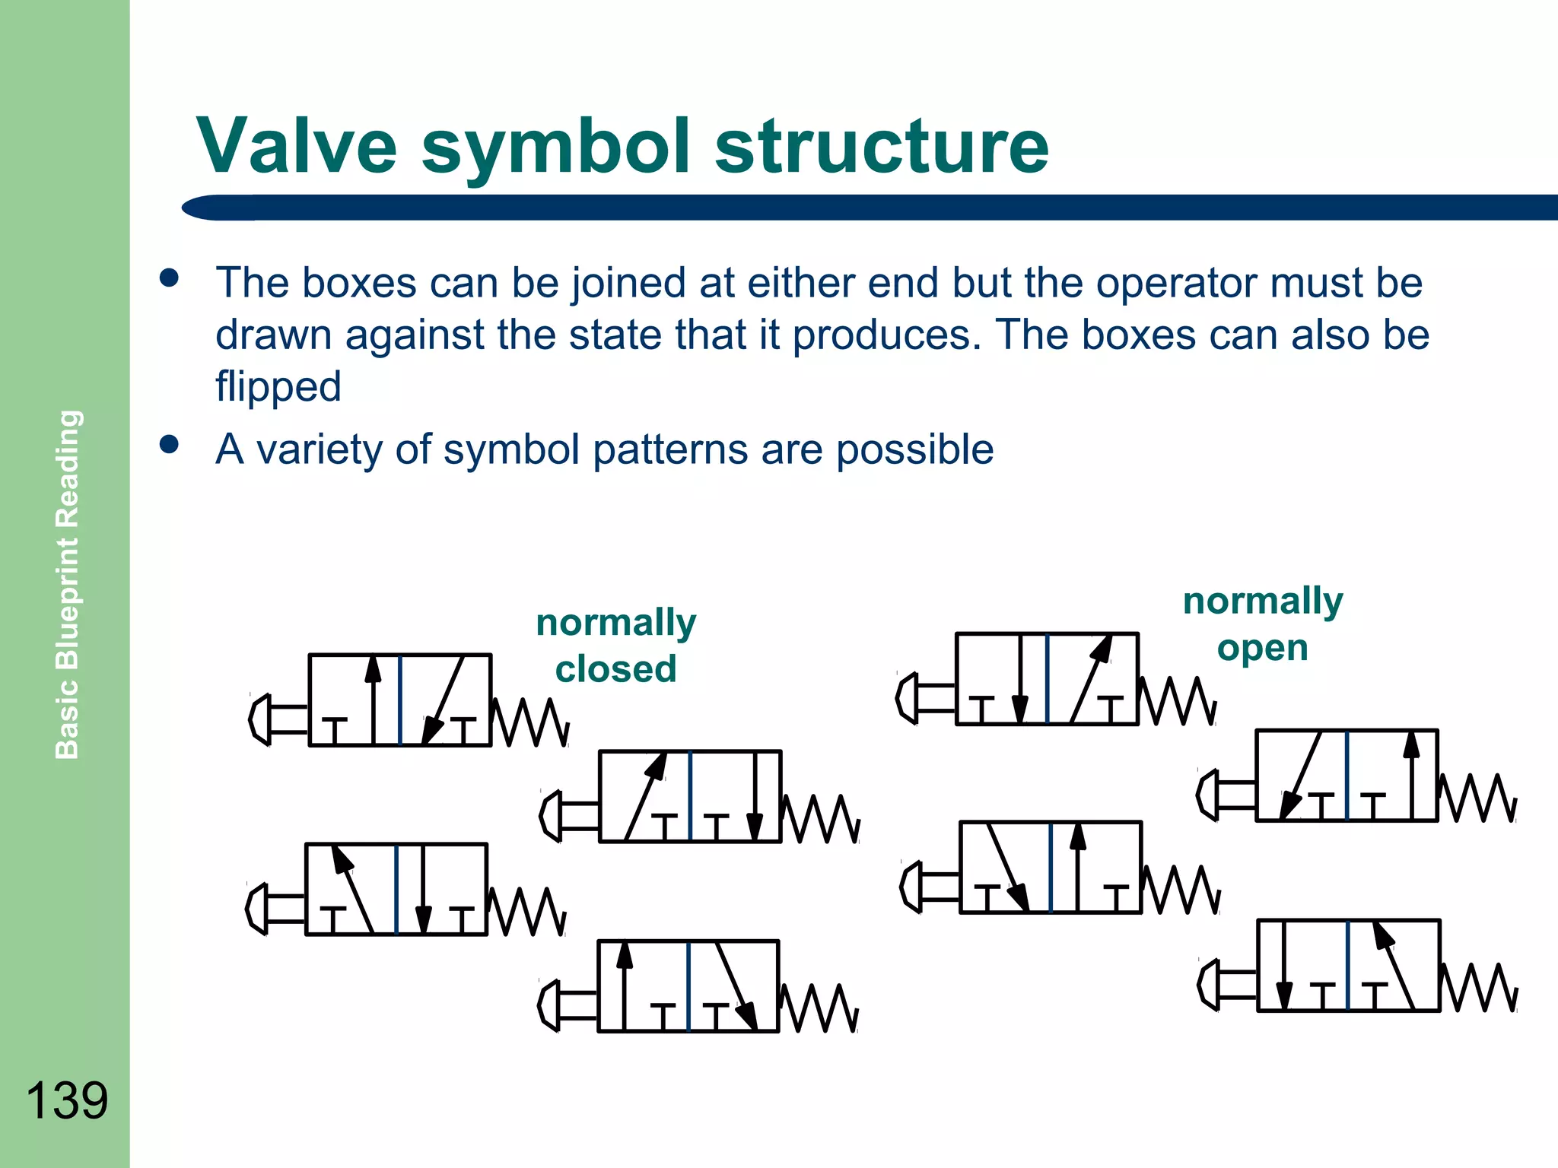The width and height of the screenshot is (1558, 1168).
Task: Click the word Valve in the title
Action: pyautogui.click(x=297, y=146)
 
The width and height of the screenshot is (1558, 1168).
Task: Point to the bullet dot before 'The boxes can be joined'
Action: pyautogui.click(x=169, y=278)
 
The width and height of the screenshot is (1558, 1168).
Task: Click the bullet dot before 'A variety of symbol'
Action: pyautogui.click(x=169, y=444)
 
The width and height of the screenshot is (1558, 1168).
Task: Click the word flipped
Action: pyautogui.click(x=278, y=386)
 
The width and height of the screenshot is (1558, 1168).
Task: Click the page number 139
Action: pyautogui.click(x=67, y=1100)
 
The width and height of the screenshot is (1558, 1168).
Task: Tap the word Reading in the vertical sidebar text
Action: pyautogui.click(x=67, y=468)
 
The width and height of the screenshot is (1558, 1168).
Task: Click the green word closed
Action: pyautogui.click(x=615, y=669)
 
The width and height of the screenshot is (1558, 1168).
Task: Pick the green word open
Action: pyautogui.click(x=1262, y=649)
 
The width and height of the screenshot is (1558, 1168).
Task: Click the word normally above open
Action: pyautogui.click(x=1263, y=601)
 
